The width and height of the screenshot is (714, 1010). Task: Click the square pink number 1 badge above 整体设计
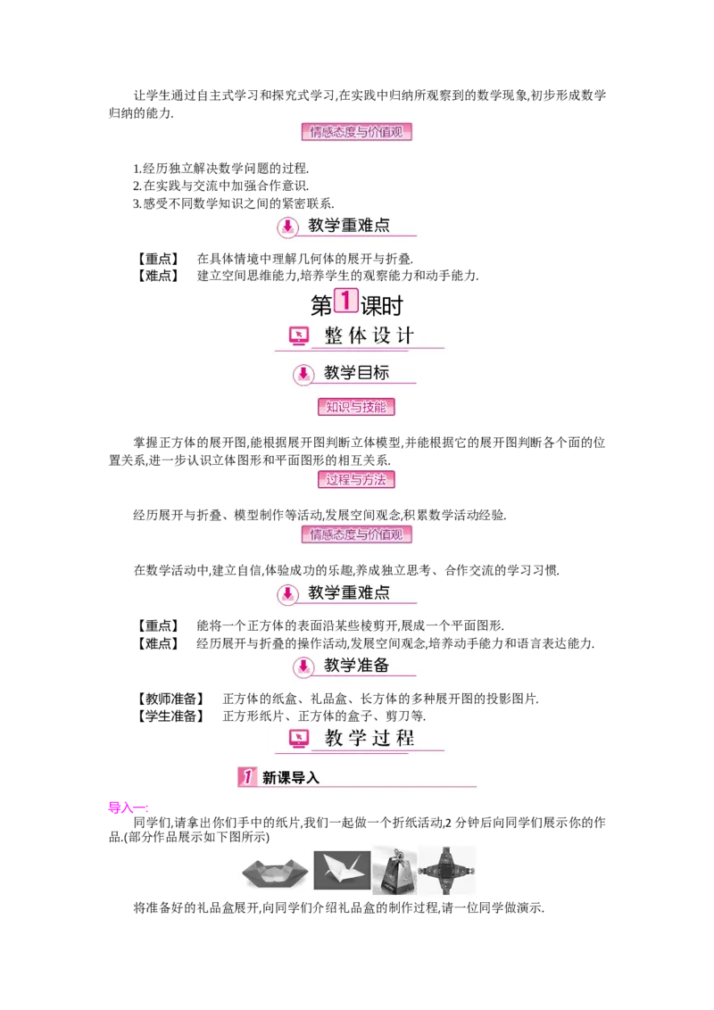[x=345, y=300]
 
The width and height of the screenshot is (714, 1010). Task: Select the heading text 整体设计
[x=369, y=336]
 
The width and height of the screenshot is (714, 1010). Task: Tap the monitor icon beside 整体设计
[x=300, y=336]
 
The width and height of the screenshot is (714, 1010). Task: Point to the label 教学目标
[x=356, y=373]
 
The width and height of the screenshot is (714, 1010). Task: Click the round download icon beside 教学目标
[x=303, y=374]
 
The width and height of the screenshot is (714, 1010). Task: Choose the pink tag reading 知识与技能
[x=356, y=407]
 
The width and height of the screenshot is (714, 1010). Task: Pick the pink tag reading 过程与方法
[x=356, y=479]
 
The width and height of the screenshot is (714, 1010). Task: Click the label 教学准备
[x=356, y=665]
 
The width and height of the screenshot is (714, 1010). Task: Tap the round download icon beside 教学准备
[x=303, y=666]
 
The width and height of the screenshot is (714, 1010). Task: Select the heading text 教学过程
[x=369, y=738]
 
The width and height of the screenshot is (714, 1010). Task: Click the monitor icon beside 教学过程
[x=300, y=738]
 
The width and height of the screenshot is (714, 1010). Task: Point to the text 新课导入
[x=291, y=777]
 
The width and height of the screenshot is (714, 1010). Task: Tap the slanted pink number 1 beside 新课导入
[x=247, y=776]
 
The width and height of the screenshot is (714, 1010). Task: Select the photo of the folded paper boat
[x=273, y=871]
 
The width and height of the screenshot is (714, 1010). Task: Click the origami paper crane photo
[x=342, y=870]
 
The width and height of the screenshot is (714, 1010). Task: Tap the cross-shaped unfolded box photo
[x=447, y=871]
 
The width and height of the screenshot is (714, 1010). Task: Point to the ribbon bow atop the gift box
[x=394, y=854]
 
